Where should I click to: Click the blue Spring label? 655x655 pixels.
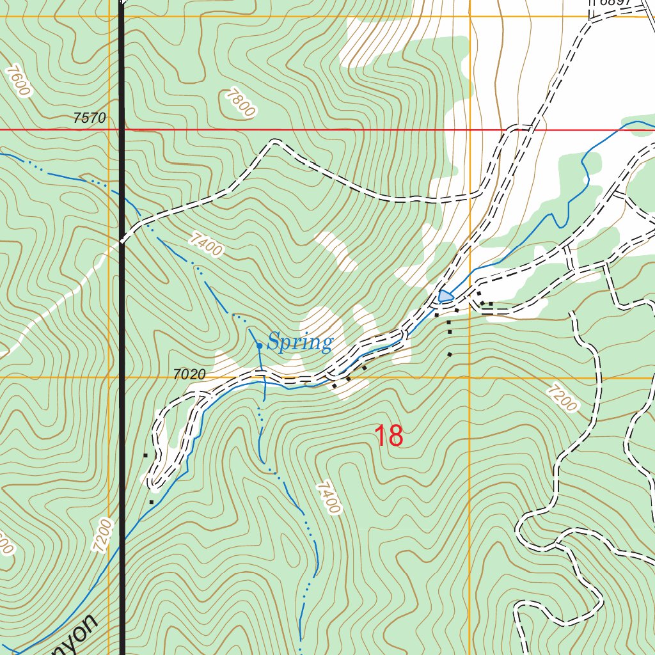point(300,343)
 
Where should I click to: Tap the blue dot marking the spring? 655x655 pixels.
point(259,345)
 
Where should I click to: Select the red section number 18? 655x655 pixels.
point(388,436)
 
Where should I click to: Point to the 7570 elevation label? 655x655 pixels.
point(90,118)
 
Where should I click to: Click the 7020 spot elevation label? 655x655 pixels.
point(189,375)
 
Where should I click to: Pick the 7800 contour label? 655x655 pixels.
point(240,103)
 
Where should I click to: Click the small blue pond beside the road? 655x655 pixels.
point(446,296)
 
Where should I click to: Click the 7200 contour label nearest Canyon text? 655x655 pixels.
point(102,536)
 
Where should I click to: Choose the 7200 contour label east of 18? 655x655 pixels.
point(562,397)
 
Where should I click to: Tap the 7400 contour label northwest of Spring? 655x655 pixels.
point(207,244)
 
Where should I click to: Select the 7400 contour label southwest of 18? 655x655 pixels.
point(327,498)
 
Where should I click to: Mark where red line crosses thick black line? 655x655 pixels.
point(122,130)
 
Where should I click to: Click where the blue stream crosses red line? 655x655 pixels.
point(619,130)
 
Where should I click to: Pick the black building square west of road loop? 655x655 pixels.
point(146,455)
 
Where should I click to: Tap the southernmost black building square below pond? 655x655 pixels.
point(450,354)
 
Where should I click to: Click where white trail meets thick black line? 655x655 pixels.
point(122,242)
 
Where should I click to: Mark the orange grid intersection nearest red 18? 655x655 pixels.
point(470,378)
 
